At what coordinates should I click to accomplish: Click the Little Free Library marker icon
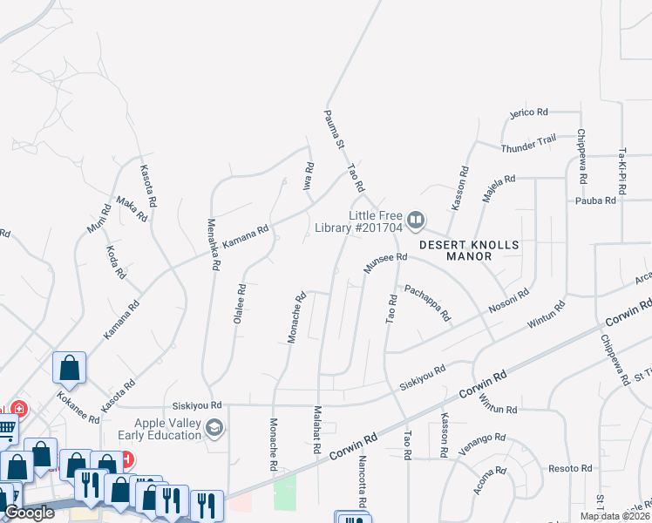click(x=416, y=220)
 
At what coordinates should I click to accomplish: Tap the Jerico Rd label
click(x=528, y=112)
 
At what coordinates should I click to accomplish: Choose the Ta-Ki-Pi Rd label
click(x=622, y=170)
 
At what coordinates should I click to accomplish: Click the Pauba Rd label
click(x=596, y=200)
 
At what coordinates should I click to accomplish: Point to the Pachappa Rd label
click(x=426, y=302)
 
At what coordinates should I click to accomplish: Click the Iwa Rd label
click(x=308, y=178)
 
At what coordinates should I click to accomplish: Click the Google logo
click(x=30, y=513)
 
